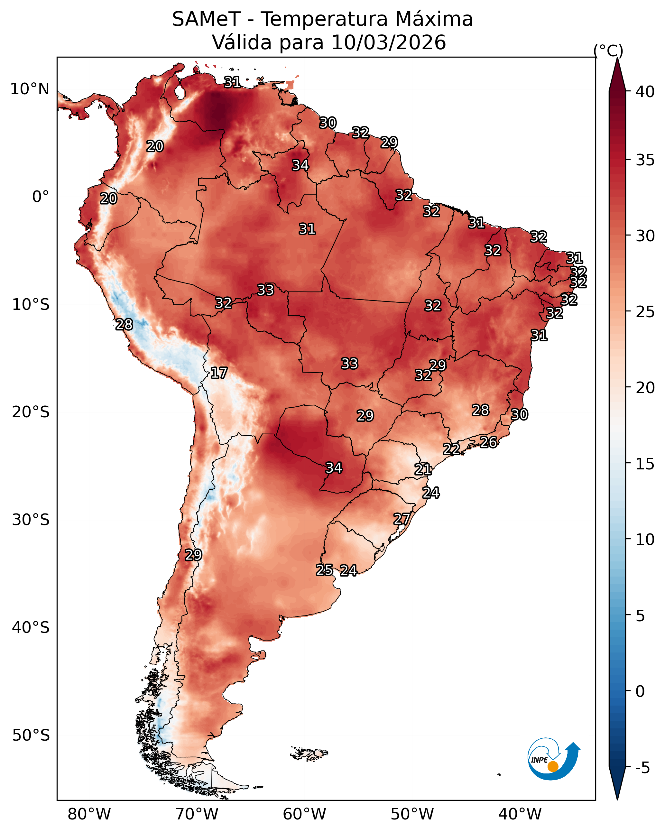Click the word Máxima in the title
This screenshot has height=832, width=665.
(x=433, y=19)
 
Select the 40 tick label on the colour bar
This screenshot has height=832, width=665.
(x=645, y=92)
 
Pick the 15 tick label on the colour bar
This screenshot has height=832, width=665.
(x=645, y=464)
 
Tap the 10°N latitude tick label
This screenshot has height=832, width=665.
(x=30, y=89)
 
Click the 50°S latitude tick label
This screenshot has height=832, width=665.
(x=31, y=735)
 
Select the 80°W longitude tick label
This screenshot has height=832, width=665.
(x=89, y=814)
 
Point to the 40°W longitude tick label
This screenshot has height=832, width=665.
(x=520, y=814)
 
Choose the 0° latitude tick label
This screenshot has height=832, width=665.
(x=41, y=197)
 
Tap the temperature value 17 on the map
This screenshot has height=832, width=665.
(x=219, y=373)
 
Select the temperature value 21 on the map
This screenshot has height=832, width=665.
(x=423, y=469)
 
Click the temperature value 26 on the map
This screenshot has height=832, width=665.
(x=488, y=442)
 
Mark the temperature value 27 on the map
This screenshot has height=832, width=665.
(x=402, y=519)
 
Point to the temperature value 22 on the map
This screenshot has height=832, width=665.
(x=451, y=449)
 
